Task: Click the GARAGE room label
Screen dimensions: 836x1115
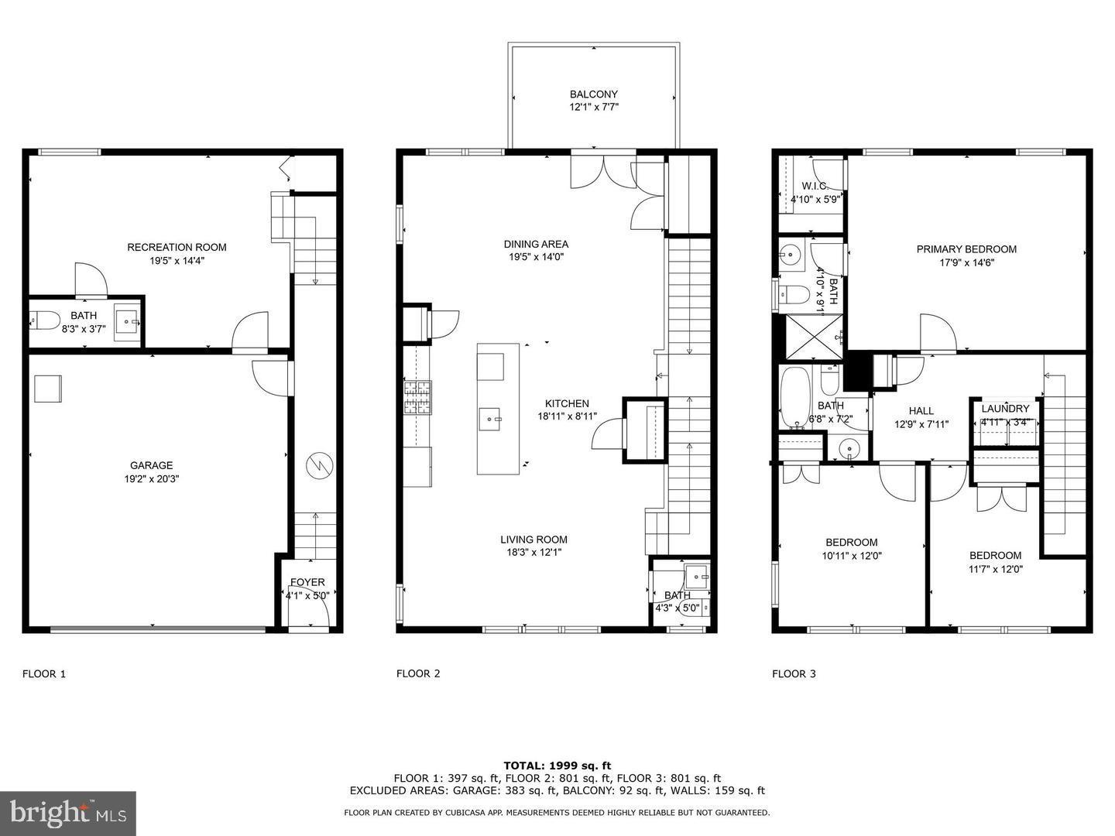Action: coord(151,465)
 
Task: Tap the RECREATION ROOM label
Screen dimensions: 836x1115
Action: coord(177,248)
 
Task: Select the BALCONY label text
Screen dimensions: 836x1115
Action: coord(594,94)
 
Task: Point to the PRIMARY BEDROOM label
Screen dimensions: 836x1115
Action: coord(966,249)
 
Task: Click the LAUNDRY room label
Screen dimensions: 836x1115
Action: coord(1005,409)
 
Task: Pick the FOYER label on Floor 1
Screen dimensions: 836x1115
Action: coord(307,582)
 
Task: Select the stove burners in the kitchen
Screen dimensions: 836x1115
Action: coord(417,398)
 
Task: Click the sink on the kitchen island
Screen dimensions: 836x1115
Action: coord(491,420)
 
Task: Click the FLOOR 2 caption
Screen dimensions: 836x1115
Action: coord(418,673)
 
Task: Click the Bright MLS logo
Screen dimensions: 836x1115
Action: coord(68,813)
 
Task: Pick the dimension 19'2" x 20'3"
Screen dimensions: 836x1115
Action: coord(151,478)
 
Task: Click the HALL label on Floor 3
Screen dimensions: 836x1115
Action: coord(921,411)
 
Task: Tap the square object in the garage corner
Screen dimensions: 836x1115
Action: coord(48,389)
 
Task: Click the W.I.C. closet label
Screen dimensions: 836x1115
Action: coord(815,186)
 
